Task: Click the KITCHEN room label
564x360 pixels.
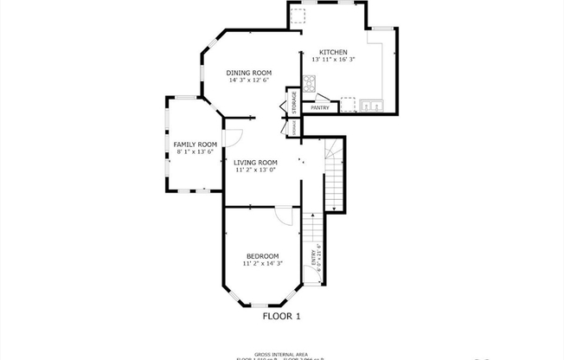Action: click(333, 52)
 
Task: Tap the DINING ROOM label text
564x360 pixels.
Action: click(249, 72)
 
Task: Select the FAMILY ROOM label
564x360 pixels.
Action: click(195, 144)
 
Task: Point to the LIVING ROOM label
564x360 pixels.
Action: click(255, 162)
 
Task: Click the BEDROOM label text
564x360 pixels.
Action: click(262, 255)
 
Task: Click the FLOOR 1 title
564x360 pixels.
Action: click(281, 317)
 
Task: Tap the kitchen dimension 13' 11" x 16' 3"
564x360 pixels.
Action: click(334, 60)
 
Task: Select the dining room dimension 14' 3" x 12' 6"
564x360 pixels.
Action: click(249, 80)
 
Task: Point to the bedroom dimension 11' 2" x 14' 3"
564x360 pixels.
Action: click(262, 263)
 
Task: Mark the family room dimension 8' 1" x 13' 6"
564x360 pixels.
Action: click(195, 151)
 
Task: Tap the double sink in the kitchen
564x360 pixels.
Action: click(373, 106)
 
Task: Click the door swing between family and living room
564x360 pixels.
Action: click(232, 136)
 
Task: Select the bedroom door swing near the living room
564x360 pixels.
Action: click(285, 215)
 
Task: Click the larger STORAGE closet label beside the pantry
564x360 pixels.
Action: click(294, 101)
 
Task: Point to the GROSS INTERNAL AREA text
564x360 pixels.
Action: click(281, 351)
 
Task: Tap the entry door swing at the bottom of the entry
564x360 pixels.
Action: click(310, 278)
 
